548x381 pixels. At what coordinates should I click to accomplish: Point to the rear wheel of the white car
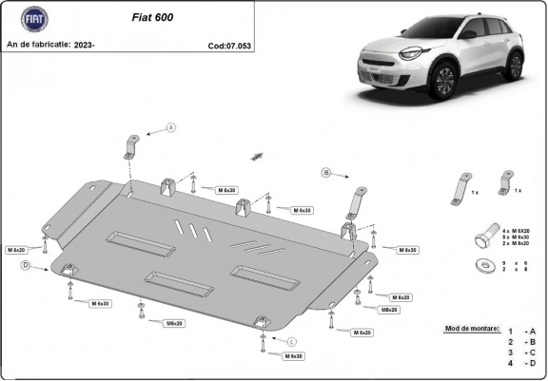coord(514,66)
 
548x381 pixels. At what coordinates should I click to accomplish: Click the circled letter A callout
coord(171,127)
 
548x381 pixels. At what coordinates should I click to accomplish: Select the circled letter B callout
coord(325,172)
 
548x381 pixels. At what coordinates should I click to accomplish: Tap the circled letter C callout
coord(292,341)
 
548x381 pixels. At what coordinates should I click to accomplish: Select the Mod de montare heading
coord(471,328)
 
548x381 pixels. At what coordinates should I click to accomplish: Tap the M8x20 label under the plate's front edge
coord(174,323)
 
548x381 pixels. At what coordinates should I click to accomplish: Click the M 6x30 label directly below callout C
coord(293,355)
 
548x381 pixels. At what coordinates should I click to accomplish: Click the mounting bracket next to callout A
coord(130,147)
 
